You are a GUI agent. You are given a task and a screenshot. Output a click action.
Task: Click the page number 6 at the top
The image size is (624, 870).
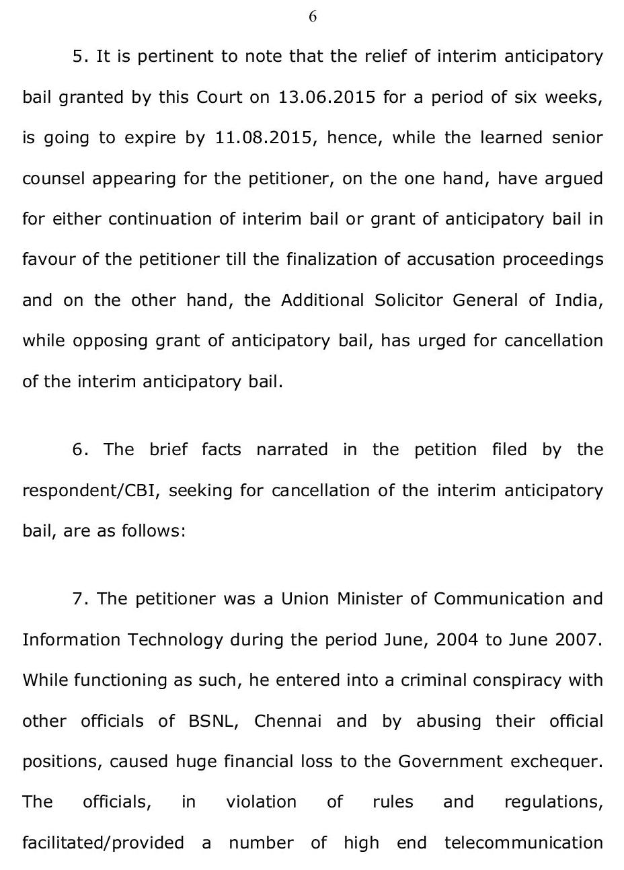coord(313,17)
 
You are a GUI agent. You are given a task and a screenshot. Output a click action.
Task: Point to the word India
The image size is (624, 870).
coord(578,300)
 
